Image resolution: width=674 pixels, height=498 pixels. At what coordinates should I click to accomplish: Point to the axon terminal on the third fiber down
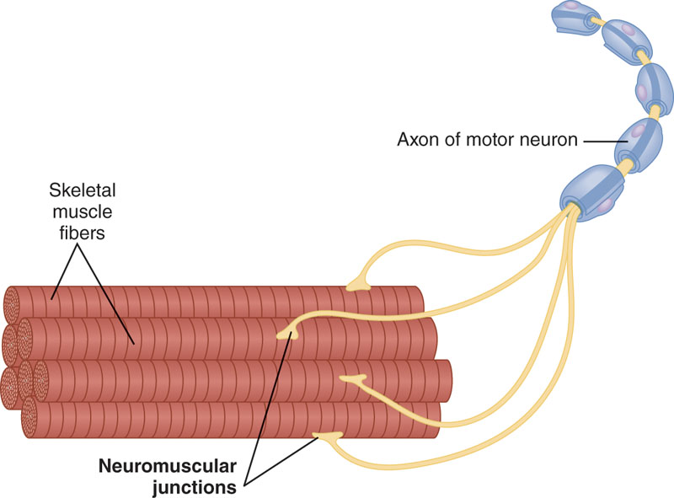pyautogui.click(x=352, y=381)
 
